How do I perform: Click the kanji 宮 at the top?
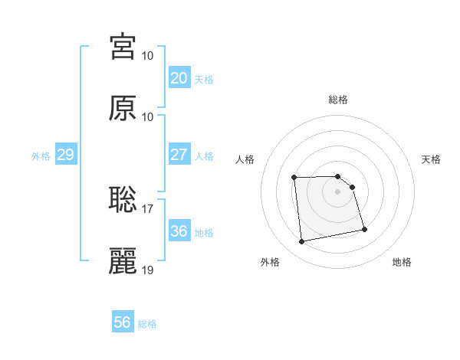click(x=123, y=47)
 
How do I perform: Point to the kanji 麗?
click(x=123, y=260)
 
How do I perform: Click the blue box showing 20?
click(x=179, y=78)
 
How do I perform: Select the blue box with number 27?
click(x=179, y=155)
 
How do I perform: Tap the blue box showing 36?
click(x=179, y=231)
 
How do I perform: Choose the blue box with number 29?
click(x=65, y=155)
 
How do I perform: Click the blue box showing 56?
click(x=123, y=322)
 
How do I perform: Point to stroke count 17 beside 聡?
click(x=148, y=208)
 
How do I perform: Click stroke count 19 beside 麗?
click(x=148, y=270)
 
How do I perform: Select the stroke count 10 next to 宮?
click(x=148, y=56)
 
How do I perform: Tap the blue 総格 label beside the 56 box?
click(x=147, y=324)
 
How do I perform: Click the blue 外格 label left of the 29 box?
click(x=41, y=155)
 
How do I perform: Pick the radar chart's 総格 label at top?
click(x=338, y=100)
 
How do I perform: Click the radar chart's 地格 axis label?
click(x=402, y=262)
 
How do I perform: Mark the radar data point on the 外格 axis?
click(x=302, y=242)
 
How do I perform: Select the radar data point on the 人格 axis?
click(x=294, y=178)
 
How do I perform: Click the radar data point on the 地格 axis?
click(x=364, y=229)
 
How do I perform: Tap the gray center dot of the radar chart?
click(x=338, y=191)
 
